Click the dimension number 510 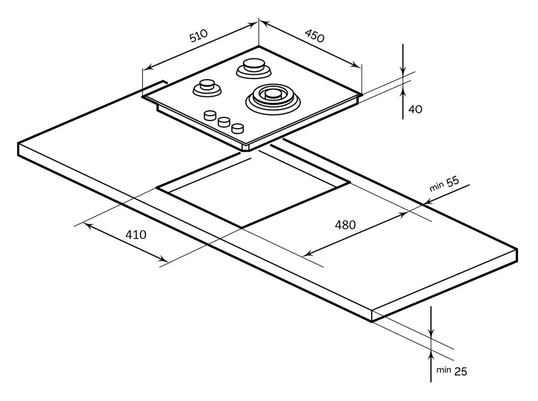tap(197, 37)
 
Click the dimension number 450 tap(314, 36)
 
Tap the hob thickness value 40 tap(415, 109)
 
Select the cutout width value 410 tap(136, 235)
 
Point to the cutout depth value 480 tap(345, 225)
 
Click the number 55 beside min tap(452, 181)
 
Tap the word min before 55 tap(436, 187)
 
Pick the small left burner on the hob tap(207, 86)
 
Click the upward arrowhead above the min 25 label tap(431, 353)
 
